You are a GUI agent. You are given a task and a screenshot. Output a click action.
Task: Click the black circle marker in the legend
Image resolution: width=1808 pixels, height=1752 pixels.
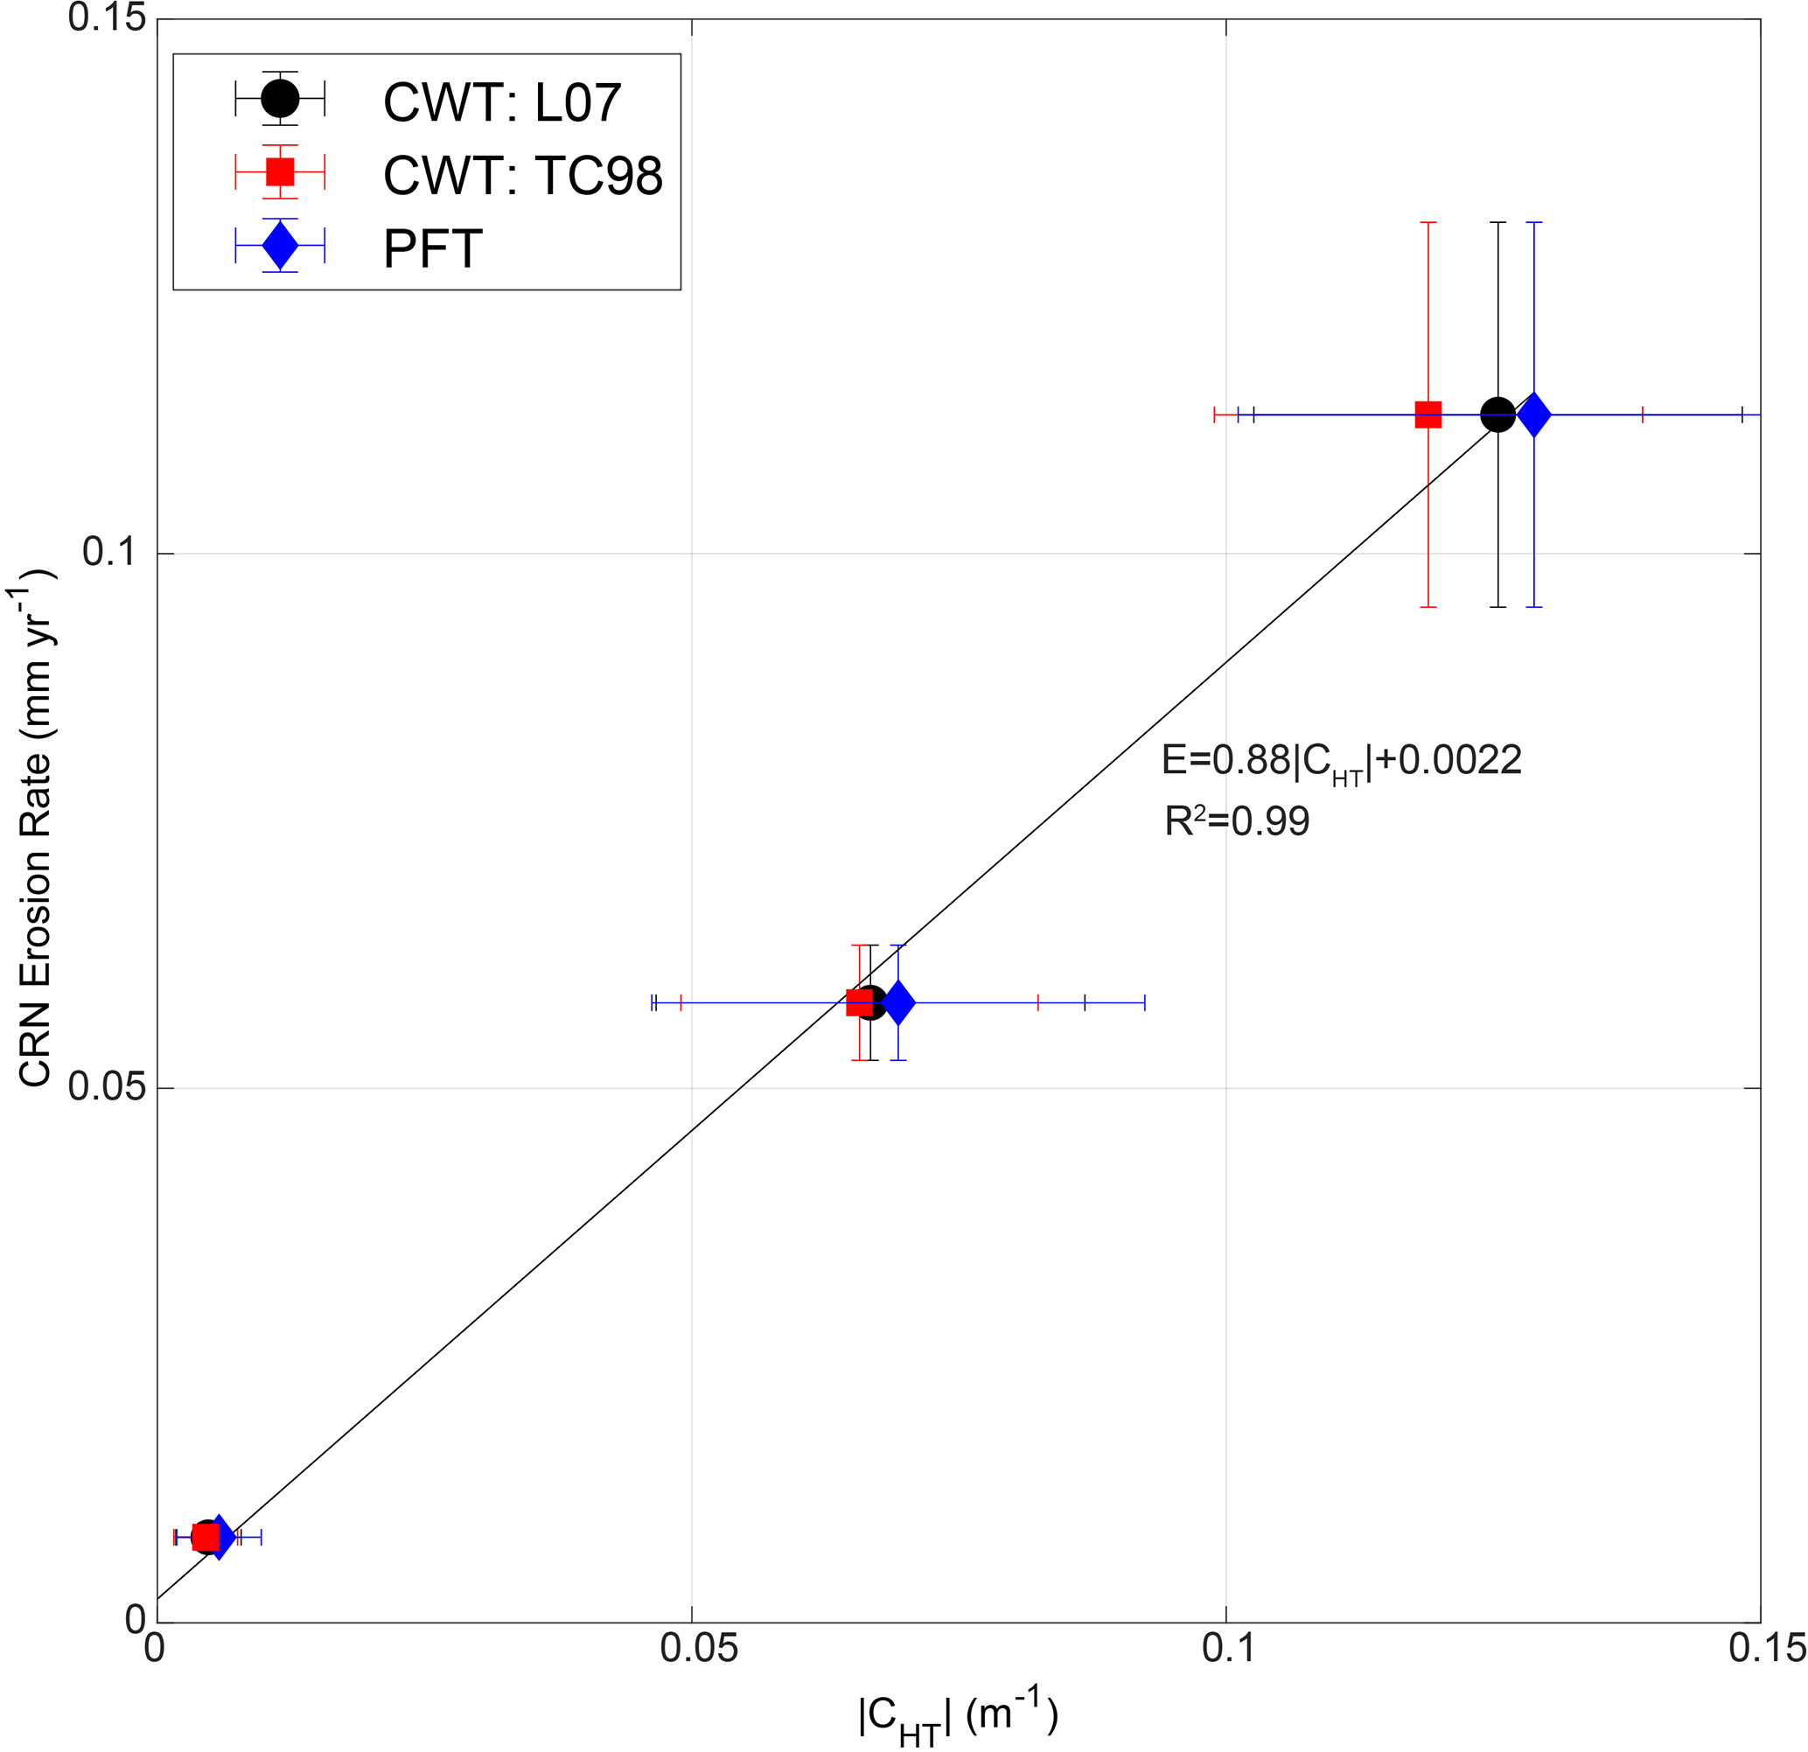(280, 97)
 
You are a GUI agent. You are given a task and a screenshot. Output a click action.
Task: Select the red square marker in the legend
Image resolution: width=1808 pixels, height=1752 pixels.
(280, 171)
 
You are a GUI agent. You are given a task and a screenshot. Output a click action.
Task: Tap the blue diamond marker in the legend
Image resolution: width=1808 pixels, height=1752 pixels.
(280, 246)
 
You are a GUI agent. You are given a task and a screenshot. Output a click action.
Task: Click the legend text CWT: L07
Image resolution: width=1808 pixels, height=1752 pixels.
(502, 101)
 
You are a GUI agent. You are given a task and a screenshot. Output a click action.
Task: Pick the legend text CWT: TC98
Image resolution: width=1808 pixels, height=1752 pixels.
(522, 175)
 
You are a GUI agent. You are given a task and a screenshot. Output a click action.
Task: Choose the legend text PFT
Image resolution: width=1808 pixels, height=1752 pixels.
(433, 249)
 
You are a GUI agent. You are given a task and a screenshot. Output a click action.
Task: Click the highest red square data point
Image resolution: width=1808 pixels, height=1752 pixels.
(1428, 415)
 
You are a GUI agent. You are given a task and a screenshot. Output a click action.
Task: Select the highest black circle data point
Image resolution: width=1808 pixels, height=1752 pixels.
(1497, 415)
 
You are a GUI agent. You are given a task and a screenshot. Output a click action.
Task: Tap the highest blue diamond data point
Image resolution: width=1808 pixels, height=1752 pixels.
(1534, 415)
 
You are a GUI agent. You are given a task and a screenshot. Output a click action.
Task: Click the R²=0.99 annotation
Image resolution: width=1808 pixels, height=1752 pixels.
(1236, 821)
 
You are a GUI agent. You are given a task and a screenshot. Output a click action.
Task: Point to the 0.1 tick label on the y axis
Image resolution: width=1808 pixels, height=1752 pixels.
(108, 553)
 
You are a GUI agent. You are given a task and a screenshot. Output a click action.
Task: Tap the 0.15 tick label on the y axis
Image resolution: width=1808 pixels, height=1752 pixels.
(108, 18)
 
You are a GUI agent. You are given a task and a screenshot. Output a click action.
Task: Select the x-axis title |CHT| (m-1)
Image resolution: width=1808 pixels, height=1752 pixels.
(958, 1718)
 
